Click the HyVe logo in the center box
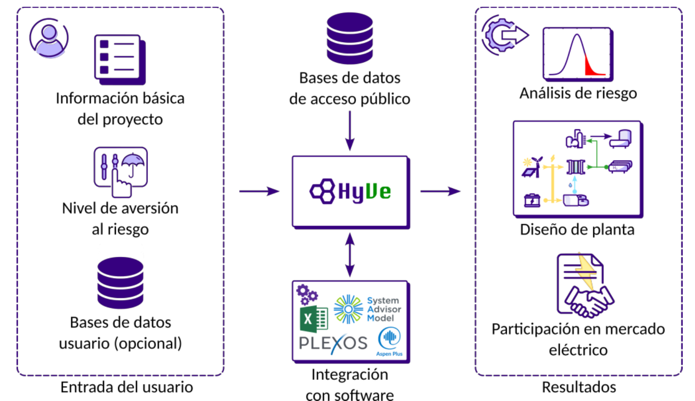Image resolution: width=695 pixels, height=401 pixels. coord(350,192)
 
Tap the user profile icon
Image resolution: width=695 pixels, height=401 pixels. coord(49,38)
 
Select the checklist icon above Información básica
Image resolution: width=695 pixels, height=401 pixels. coord(119,58)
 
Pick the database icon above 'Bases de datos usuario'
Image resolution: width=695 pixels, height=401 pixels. coord(120,283)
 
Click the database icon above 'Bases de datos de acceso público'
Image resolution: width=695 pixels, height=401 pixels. coord(350,38)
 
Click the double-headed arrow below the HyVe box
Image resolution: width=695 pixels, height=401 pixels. coord(350,255)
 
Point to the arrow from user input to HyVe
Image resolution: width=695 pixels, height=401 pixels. coord(259,191)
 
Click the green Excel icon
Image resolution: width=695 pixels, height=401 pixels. coord(314,318)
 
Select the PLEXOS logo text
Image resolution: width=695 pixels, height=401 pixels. coord(333,343)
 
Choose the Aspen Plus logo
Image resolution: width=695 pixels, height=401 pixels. coord(389,342)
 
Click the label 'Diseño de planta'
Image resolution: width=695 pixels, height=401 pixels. coord(577,230)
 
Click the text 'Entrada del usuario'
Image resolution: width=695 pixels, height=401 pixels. coord(126,387)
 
